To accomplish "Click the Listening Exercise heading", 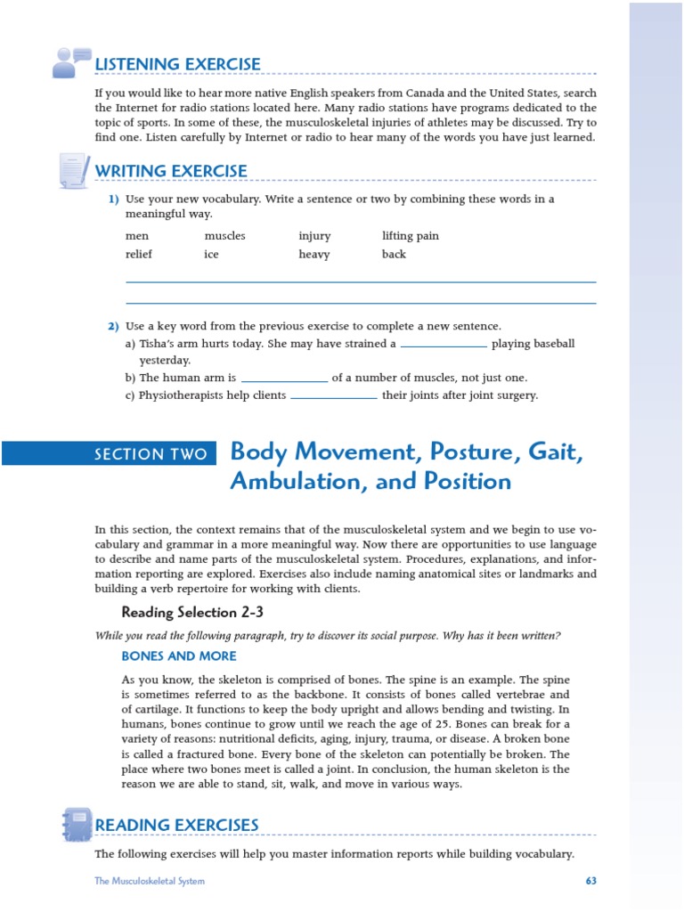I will (x=178, y=64).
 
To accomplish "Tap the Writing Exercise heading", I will (x=171, y=171).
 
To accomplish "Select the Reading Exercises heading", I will (x=176, y=826).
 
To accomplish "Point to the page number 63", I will (x=590, y=881).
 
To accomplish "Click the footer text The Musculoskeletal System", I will (x=150, y=881).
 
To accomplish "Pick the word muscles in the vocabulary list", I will (x=224, y=236).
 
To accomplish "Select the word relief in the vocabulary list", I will (x=139, y=254).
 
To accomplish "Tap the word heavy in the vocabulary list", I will (x=314, y=254).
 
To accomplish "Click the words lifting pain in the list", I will (x=411, y=236).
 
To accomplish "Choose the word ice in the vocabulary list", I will (x=211, y=254).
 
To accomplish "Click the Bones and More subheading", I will (x=179, y=656).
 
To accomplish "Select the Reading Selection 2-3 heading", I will (x=192, y=612).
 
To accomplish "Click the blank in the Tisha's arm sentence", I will (x=444, y=344).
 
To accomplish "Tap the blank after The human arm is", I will (x=285, y=379).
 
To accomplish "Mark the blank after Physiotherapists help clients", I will (x=334, y=396).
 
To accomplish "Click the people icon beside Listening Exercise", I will (x=71, y=61).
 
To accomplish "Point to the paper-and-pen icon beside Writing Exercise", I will (x=73, y=169).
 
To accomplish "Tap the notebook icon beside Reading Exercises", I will (x=77, y=824).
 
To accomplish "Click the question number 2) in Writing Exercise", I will (x=113, y=326).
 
